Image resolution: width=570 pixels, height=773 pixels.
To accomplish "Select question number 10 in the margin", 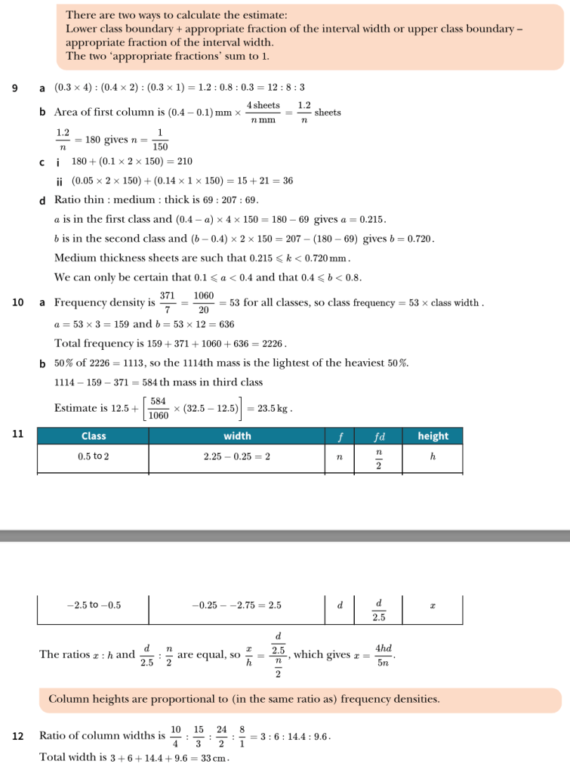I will (x=18, y=302).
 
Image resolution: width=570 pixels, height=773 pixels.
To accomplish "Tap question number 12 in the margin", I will (x=18, y=735).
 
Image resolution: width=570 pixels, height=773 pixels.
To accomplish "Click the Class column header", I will (x=94, y=436).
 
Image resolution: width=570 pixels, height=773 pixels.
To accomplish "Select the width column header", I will (x=237, y=436).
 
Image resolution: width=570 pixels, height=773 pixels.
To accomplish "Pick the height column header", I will (x=433, y=436).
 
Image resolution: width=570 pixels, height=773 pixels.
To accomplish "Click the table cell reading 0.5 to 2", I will (x=94, y=456).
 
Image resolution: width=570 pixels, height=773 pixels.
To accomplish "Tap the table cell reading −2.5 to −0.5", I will (x=94, y=605).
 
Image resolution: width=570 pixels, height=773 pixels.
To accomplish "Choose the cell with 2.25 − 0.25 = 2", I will (x=237, y=456).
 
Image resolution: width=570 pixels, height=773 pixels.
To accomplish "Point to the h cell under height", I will (x=433, y=456).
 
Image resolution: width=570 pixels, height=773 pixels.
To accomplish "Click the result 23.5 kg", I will (x=276, y=409).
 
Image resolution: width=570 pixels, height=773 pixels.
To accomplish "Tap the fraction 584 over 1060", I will (x=159, y=408).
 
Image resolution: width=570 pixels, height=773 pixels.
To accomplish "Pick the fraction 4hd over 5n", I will (x=384, y=654).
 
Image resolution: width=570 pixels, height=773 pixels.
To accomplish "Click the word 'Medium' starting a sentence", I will (x=73, y=258).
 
